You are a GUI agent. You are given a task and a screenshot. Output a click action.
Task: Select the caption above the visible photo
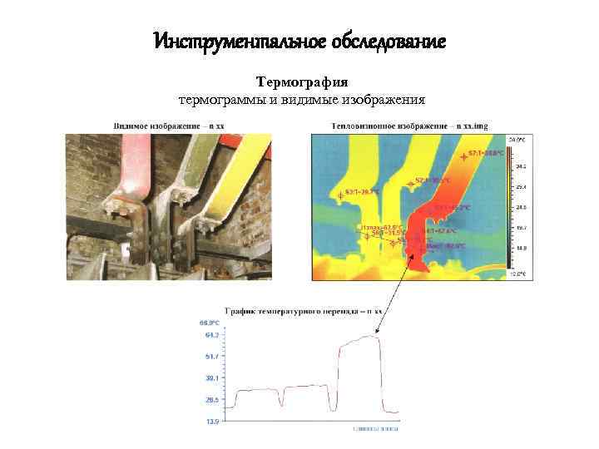[x=168, y=126]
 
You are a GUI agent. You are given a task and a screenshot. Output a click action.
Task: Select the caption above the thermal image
[x=398, y=126]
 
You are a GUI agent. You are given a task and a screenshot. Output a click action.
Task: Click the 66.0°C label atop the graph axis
[x=209, y=322]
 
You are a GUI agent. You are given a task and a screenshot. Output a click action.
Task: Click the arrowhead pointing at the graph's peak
[x=379, y=334]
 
